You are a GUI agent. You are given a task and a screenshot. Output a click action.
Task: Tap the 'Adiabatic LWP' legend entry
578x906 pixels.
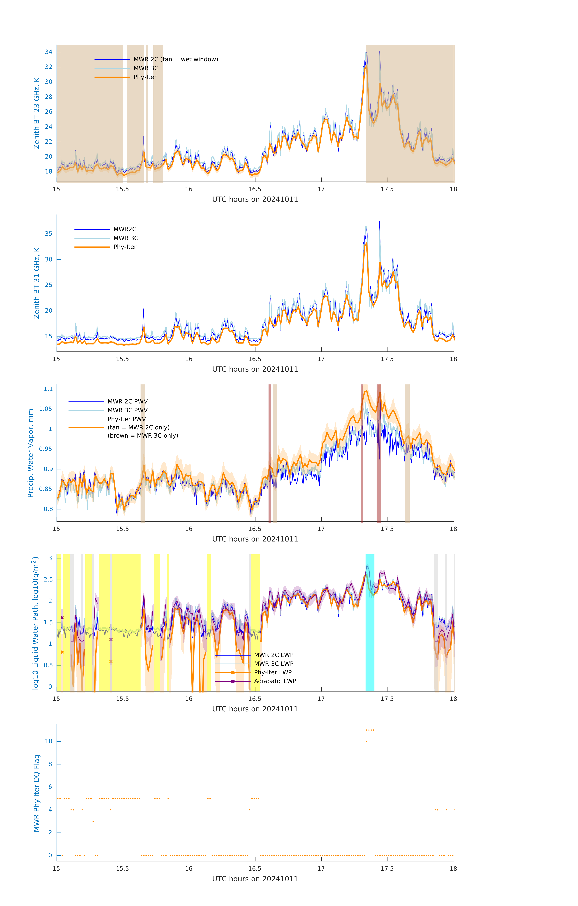point(275,681)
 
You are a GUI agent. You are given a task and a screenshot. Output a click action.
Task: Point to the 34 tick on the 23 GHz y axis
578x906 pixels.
point(49,52)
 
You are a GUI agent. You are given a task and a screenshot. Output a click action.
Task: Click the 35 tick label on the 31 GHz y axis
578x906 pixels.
point(49,234)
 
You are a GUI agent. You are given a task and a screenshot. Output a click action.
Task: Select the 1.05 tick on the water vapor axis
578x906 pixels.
point(46,409)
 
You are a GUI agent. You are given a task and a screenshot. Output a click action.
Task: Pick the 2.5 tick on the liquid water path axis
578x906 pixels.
point(48,579)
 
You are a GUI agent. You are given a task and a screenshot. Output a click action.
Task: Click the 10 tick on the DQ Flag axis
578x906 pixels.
point(49,741)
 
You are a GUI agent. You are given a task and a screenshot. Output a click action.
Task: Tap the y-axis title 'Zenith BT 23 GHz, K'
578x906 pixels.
point(37,113)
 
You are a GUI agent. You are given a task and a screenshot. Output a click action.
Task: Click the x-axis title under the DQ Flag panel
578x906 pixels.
point(255,879)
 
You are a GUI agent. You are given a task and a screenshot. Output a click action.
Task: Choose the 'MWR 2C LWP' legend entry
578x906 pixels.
point(273,655)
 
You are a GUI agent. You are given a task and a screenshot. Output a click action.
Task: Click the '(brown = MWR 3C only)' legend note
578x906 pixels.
point(143,436)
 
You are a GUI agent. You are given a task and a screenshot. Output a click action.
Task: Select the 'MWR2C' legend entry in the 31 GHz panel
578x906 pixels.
point(125,229)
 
